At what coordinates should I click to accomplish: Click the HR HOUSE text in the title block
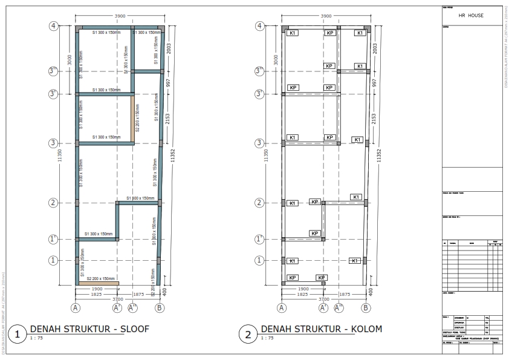click(x=471, y=16)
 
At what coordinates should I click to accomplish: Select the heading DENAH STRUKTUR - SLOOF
click(x=89, y=329)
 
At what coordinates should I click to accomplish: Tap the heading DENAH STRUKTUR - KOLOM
click(x=322, y=329)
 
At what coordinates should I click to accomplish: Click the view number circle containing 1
click(x=18, y=333)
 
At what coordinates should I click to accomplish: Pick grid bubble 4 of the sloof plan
click(x=54, y=26)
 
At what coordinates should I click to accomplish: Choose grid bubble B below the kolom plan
click(x=366, y=308)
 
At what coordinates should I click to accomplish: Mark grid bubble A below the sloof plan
click(x=76, y=308)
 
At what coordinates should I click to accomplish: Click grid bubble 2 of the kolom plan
click(x=260, y=203)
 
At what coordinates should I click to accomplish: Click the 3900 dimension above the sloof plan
click(x=120, y=15)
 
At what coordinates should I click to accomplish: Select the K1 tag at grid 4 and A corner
click(x=293, y=33)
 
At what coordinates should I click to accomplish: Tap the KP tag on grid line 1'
click(x=314, y=234)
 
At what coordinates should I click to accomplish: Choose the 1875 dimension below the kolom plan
click(x=345, y=294)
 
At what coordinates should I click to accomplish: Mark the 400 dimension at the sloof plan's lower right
click(x=166, y=292)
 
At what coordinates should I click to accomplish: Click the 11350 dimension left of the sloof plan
click(x=59, y=156)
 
